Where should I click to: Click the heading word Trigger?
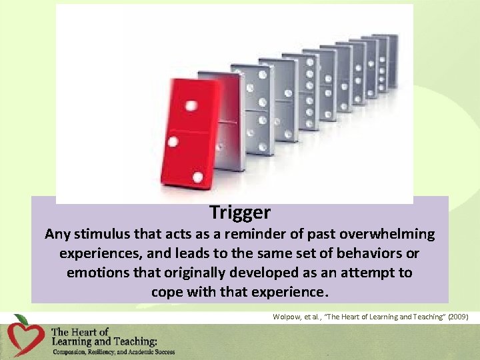tap(240, 213)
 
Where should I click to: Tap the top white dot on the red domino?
tap(192, 105)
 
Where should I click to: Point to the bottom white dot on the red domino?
tap(198, 177)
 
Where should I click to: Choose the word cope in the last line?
tap(167, 292)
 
